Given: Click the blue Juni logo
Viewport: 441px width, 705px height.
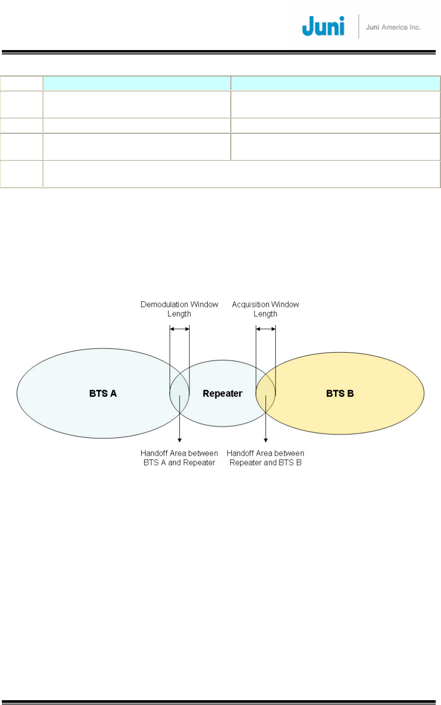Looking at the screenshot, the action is tap(323, 26).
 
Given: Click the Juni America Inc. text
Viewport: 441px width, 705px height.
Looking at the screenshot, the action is tap(393, 27).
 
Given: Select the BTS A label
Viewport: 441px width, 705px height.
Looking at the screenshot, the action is tap(103, 393).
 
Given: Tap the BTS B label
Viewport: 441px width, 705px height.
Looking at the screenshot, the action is tap(340, 393).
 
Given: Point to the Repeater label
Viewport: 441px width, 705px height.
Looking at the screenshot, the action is tap(222, 394).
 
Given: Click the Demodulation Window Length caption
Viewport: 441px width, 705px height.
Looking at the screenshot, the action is tap(179, 309).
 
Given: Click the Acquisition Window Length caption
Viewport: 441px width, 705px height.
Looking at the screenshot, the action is tap(266, 309).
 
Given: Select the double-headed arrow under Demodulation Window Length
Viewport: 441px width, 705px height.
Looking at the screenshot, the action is tap(180, 329).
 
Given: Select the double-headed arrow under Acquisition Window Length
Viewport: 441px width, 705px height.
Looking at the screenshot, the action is tap(266, 329).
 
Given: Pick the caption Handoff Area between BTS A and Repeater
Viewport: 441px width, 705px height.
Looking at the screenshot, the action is tap(179, 458).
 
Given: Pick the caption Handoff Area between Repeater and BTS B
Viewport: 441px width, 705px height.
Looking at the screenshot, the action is tap(266, 458).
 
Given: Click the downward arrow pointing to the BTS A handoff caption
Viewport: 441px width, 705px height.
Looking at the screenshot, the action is tap(180, 423).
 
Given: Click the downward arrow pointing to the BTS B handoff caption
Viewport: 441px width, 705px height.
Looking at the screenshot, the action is tap(266, 423).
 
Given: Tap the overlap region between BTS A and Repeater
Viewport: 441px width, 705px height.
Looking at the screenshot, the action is tap(179, 399).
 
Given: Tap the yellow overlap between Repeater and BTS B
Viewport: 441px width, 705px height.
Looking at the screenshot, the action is tap(266, 399).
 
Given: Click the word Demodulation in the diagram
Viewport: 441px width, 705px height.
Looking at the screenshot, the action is tap(164, 304).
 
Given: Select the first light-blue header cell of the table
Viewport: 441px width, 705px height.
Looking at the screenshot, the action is tap(136, 83).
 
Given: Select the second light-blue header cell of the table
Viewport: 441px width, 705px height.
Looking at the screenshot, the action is tap(335, 83).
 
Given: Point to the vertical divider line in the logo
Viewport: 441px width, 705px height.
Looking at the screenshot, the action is tap(359, 26).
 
